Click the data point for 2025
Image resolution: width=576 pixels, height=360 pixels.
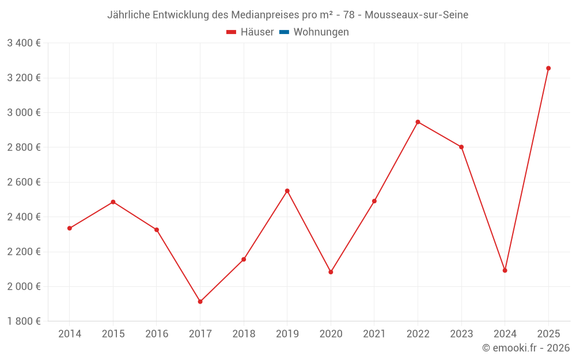click(548, 68)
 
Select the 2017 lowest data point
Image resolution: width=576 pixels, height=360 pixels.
click(200, 302)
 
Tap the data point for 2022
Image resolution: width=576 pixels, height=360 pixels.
click(418, 122)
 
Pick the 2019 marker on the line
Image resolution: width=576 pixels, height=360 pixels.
click(287, 191)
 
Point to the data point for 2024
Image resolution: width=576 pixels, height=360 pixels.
click(505, 270)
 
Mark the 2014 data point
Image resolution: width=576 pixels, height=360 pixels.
click(70, 228)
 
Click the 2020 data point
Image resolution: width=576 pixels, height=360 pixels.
click(331, 272)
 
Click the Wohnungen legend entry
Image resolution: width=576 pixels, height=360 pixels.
click(321, 32)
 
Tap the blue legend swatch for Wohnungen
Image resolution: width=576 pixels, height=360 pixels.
click(284, 32)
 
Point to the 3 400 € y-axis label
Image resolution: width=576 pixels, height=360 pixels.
click(24, 43)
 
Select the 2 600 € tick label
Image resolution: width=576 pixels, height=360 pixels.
click(24, 182)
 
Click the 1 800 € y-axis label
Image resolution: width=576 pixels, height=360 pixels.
click(24, 321)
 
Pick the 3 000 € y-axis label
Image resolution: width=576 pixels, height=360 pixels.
click(24, 112)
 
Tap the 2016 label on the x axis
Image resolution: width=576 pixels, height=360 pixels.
click(157, 334)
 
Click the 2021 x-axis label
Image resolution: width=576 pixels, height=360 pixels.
click(374, 334)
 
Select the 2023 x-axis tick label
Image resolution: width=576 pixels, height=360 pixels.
click(461, 334)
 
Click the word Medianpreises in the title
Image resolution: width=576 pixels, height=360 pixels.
click(266, 14)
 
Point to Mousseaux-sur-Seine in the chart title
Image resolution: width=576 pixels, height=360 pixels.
click(416, 14)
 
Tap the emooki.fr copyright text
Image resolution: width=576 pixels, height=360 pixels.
click(526, 348)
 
